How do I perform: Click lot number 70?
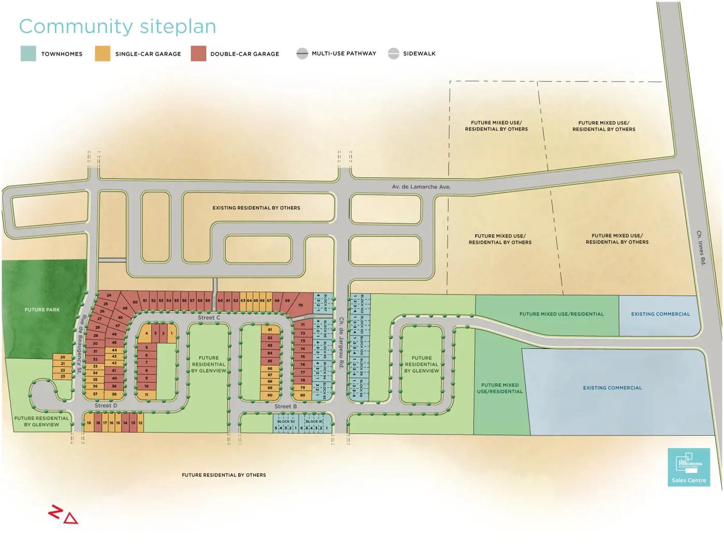[300, 305]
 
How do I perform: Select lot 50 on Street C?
[135, 302]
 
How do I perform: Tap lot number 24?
[109, 296]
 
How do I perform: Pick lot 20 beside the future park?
[63, 357]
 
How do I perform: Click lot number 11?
[147, 395]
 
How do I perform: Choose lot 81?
[270, 330]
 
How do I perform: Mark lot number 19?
[89, 423]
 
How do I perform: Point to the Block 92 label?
[286, 422]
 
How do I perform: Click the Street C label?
[209, 317]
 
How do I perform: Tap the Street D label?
[106, 405]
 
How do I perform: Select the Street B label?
[285, 407]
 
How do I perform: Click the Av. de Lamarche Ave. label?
[421, 187]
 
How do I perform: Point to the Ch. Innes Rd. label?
[701, 248]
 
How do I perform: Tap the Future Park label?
[42, 310]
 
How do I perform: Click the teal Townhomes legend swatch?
[28, 53]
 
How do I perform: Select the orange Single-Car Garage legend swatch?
[103, 53]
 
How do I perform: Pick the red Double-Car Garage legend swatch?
[198, 53]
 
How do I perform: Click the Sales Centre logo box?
[689, 467]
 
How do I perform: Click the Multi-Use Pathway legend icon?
[302, 53]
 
